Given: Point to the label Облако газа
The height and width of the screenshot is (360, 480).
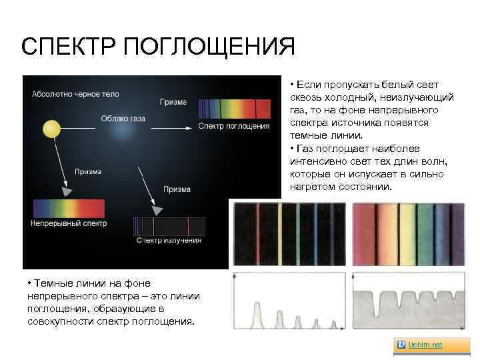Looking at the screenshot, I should pyautogui.click(x=123, y=119).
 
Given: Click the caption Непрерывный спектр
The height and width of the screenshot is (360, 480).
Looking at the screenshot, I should pyautogui.click(x=68, y=223).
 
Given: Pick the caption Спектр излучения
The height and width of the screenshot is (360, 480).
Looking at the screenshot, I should pyautogui.click(x=169, y=240).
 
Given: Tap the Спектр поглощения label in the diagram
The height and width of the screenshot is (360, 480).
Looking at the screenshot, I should pyautogui.click(x=234, y=126).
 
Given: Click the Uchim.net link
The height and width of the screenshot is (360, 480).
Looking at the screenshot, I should pyautogui.click(x=429, y=345).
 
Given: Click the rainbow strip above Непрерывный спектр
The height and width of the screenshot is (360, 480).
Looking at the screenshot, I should pyautogui.click(x=69, y=208).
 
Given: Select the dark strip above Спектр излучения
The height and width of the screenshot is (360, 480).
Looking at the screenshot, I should pyautogui.click(x=169, y=225).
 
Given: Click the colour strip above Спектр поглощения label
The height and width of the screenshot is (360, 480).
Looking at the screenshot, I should pyautogui.click(x=235, y=108).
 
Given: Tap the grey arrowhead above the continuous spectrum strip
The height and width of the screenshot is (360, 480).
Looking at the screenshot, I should pyautogui.click(x=66, y=191).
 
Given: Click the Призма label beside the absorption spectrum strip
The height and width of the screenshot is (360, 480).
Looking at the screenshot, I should pyautogui.click(x=173, y=102).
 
